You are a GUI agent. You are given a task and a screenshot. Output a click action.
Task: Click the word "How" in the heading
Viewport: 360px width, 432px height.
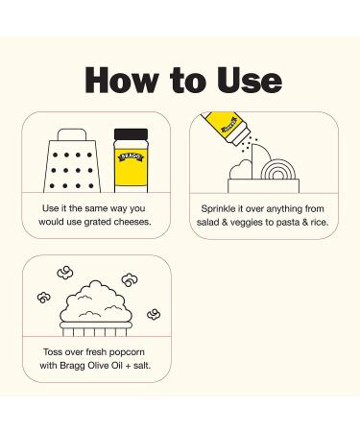[x=122, y=80]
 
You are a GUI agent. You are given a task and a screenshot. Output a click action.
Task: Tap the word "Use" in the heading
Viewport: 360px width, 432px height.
[x=249, y=80]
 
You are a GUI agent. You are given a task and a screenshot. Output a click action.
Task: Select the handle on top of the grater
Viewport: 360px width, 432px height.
[x=72, y=134]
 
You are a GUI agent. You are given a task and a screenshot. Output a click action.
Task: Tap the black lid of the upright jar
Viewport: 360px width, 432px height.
[x=131, y=134]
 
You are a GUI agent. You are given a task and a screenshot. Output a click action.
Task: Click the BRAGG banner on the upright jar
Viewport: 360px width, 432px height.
[x=132, y=156]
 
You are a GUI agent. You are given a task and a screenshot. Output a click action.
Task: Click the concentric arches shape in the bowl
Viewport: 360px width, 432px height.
[x=277, y=170]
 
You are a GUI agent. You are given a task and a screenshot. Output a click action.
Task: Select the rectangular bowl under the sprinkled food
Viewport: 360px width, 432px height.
[x=264, y=186]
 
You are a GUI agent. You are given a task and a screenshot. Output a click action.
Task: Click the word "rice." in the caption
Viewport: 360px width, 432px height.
[x=320, y=222]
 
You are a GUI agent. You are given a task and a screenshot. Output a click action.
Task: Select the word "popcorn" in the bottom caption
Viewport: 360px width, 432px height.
[x=126, y=352]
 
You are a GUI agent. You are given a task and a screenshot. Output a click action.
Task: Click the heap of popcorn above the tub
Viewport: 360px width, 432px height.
[x=96, y=301]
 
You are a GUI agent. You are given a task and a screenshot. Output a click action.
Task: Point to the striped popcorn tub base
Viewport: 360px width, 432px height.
[x=96, y=329]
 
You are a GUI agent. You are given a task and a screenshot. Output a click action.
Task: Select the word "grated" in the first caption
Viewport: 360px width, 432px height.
[x=98, y=222]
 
